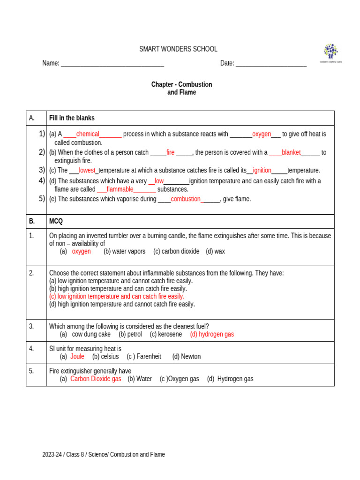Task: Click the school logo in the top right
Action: click(330, 53)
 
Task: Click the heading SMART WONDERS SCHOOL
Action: click(178, 49)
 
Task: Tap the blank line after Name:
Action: click(112, 64)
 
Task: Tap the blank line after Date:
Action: click(271, 64)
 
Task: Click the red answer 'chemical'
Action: click(88, 134)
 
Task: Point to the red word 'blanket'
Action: click(291, 152)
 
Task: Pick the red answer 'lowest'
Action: click(87, 171)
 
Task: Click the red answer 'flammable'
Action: click(120, 189)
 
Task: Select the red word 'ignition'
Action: click(262, 171)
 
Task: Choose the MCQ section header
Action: click(56, 221)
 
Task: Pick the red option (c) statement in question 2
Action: click(117, 296)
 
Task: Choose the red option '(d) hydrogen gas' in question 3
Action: click(212, 334)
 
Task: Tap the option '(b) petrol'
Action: click(130, 334)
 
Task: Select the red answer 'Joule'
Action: click(77, 356)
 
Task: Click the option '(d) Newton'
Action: click(186, 356)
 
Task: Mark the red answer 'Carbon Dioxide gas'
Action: click(96, 379)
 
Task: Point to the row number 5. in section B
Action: click(31, 371)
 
